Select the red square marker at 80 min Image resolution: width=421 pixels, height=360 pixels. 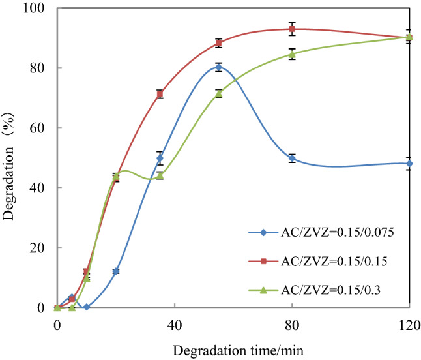pyautogui.click(x=292, y=29)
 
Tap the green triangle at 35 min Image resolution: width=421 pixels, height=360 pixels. pyautogui.click(x=160, y=175)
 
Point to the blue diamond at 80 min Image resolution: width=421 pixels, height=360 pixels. pyautogui.click(x=292, y=158)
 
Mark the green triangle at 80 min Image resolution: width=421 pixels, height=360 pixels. pyautogui.click(x=292, y=54)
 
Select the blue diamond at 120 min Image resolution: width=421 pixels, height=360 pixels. pyautogui.click(x=409, y=163)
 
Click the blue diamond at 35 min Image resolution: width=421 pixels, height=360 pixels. pyautogui.click(x=160, y=158)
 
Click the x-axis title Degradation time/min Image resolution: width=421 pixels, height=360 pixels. pyautogui.click(x=233, y=350)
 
